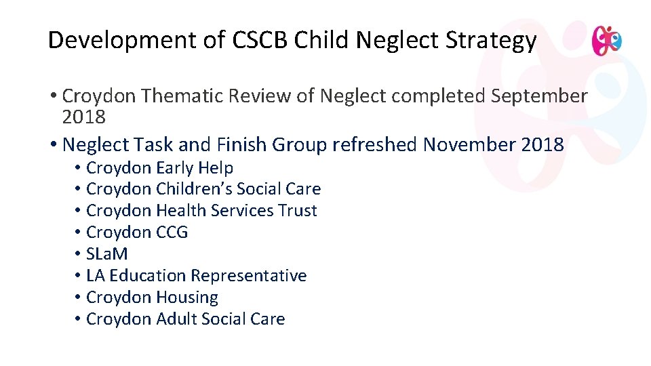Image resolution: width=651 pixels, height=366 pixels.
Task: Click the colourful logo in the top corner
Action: (606, 41)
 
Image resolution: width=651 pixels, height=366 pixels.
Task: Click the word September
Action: (539, 96)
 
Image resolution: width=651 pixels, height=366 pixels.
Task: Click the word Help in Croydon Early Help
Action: (216, 167)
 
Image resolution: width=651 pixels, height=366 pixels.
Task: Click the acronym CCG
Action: (172, 232)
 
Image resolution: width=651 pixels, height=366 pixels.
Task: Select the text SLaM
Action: (107, 254)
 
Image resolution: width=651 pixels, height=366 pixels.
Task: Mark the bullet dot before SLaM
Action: (79, 254)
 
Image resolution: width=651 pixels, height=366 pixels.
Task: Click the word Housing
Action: (187, 298)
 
